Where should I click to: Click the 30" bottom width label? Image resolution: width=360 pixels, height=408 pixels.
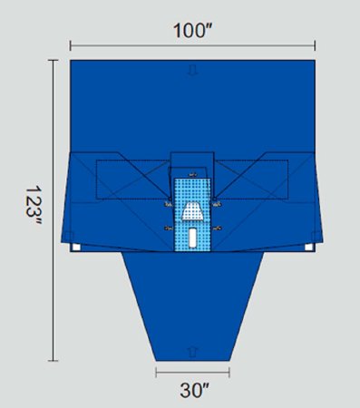click(192, 392)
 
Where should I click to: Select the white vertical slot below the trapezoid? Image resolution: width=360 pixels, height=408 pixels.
click(192, 238)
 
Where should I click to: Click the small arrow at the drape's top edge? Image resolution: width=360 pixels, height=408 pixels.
click(192, 69)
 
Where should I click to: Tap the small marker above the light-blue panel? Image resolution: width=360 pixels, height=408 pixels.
click(192, 171)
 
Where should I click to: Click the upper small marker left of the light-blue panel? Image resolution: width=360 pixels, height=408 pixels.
click(168, 205)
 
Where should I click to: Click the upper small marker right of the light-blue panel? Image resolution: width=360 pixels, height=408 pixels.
click(218, 205)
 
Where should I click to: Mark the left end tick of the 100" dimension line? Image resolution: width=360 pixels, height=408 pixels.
click(70, 44)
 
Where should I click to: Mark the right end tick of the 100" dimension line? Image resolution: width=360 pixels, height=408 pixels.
click(315, 44)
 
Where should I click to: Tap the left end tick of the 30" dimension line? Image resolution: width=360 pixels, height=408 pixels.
click(155, 371)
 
